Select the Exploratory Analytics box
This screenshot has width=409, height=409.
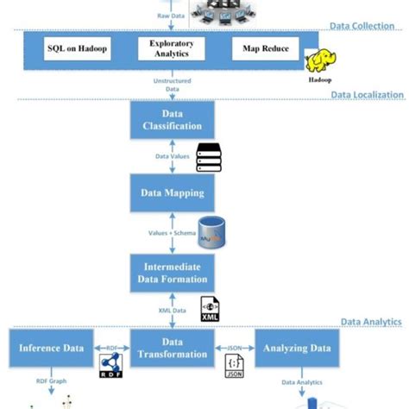[171, 48]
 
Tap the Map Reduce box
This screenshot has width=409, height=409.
[266, 48]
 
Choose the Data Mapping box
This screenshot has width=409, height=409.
[170, 194]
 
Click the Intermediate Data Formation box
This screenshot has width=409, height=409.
[170, 272]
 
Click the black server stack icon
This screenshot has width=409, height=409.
[209, 158]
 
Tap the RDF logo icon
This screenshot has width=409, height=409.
[110, 366]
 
